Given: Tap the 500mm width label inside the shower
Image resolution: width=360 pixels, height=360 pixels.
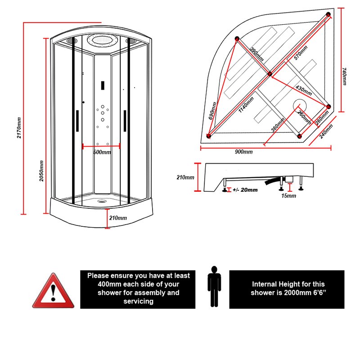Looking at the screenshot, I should [x=102, y=152].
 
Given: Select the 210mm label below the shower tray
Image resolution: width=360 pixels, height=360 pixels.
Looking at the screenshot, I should [x=118, y=218].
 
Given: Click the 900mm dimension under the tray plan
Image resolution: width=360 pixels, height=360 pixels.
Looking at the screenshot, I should [x=244, y=152].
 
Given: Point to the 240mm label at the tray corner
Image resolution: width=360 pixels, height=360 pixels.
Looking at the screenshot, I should [x=326, y=132].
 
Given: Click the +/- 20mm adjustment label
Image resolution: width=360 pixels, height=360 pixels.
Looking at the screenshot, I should [x=246, y=190].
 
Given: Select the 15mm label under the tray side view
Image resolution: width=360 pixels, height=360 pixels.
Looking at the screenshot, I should [x=288, y=196].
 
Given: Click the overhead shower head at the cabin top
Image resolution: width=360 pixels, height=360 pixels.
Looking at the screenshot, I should [x=102, y=40].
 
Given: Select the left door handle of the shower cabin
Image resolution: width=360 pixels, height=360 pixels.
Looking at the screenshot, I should [x=77, y=121].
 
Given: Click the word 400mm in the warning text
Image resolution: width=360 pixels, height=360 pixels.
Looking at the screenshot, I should [x=108, y=284].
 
